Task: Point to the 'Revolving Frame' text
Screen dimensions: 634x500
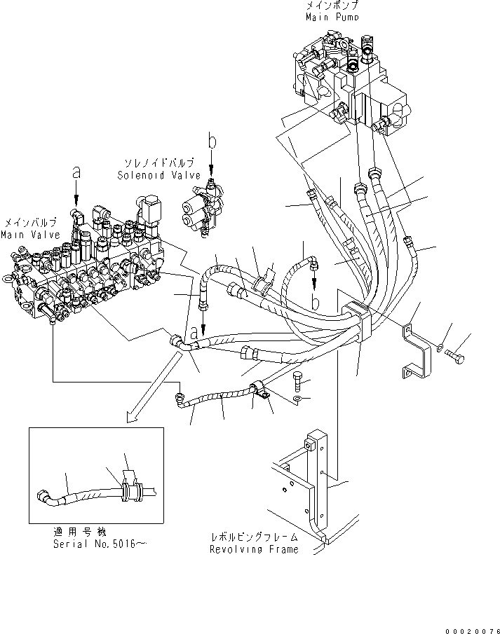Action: pos(253,549)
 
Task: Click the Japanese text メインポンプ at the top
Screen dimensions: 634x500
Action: pos(332,6)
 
